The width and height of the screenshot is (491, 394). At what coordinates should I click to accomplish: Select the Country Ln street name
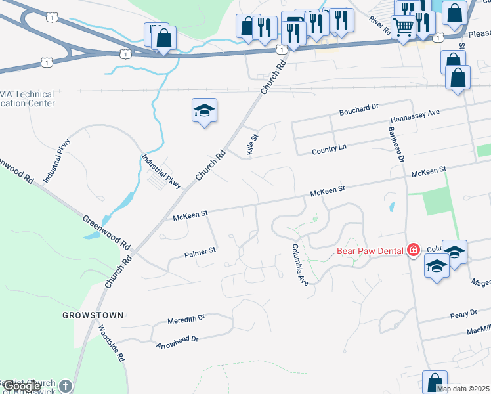(330, 150)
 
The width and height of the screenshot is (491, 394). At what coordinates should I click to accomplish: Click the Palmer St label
(200, 251)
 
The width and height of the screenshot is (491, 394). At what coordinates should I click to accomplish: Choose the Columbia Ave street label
(300, 265)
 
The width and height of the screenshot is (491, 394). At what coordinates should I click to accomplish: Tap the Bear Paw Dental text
(370, 250)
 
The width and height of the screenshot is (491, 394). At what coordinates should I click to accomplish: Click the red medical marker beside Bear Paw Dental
(413, 250)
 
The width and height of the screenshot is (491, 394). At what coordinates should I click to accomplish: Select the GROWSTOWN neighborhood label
(93, 315)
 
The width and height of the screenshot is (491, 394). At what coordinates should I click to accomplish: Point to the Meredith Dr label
(186, 318)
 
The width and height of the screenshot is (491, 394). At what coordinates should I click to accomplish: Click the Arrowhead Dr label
(177, 341)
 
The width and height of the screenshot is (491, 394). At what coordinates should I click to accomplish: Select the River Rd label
(380, 27)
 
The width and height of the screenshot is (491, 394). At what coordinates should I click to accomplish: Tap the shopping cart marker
(402, 27)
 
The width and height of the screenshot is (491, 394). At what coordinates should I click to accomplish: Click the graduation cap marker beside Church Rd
(204, 110)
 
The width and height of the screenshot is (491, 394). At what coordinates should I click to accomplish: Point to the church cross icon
(64, 385)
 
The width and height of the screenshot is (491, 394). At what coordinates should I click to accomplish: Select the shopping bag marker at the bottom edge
(435, 382)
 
